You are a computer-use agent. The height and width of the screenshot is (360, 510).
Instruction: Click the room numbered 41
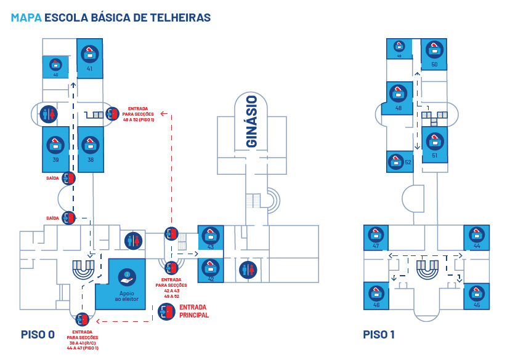coord(89,58)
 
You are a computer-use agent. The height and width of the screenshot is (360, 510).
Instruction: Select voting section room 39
coord(55,150)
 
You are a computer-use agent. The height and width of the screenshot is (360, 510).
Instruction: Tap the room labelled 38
coord(91,150)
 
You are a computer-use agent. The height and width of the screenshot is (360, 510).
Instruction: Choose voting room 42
coord(211,270)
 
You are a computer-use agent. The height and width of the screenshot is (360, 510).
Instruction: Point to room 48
coord(398,98)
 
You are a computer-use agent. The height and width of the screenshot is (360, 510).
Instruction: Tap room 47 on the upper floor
coord(376,237)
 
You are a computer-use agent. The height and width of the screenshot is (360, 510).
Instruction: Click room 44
coord(476,237)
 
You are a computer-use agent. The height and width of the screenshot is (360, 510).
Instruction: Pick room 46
coord(376,295)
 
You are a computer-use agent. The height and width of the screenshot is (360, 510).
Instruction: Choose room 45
coord(476,295)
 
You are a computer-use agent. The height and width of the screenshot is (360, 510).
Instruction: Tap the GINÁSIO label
coord(251,121)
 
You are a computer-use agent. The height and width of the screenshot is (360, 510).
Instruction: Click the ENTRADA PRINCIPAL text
coord(193,311)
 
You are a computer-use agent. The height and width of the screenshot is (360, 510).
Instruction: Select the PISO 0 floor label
coord(38,335)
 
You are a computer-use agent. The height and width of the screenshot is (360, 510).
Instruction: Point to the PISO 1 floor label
coord(379,335)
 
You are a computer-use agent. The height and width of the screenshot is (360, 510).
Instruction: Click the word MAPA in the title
coord(26,18)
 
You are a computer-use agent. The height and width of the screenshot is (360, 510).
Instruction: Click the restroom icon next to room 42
coord(248,270)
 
